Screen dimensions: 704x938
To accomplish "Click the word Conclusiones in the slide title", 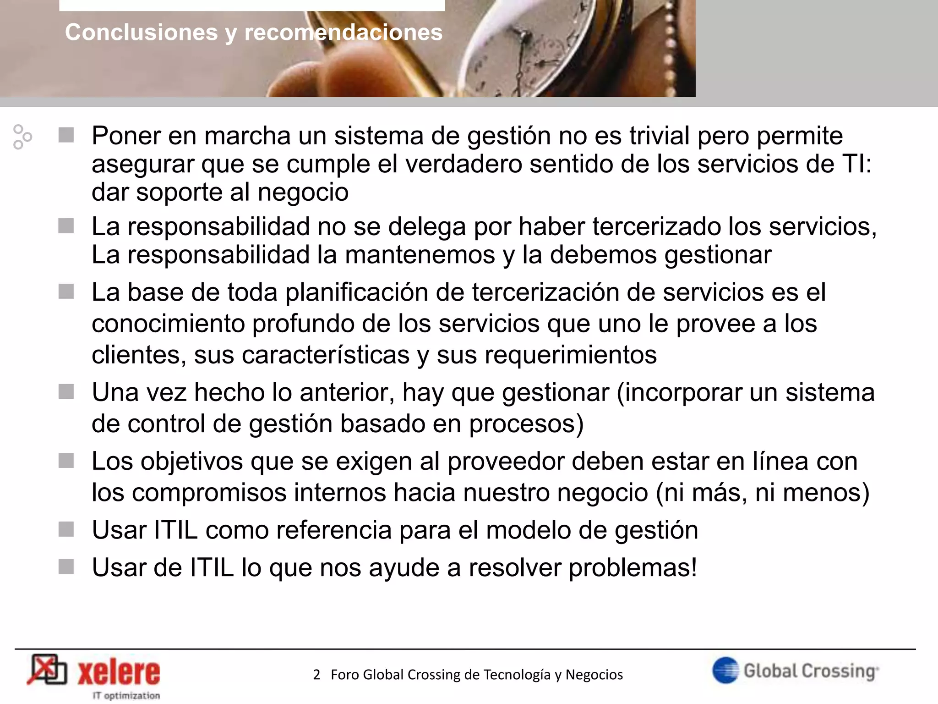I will pos(141,33).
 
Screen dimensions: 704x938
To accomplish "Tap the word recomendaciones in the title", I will pos(344,33).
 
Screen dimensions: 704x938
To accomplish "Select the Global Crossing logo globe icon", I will pos(725,670).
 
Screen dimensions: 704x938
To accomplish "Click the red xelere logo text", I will pos(119,673).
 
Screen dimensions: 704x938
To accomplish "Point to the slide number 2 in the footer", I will pos(316,675).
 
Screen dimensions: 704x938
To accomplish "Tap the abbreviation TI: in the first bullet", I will pos(857,164).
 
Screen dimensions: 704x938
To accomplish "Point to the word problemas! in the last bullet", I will pos(633,568).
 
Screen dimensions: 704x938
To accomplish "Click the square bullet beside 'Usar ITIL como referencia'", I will pos(66,530).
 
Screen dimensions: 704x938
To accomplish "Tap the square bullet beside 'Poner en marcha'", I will pos(66,135).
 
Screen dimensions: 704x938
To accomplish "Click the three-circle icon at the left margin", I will pos(22,137).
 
